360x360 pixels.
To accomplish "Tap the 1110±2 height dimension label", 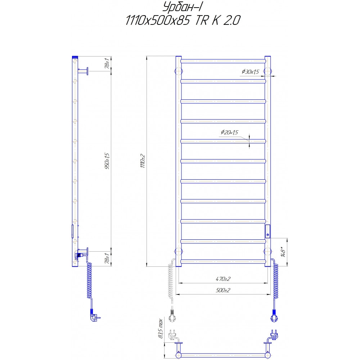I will tap(143, 161).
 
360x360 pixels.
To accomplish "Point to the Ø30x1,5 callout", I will tap(251, 72).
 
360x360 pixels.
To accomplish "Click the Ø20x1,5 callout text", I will tap(230, 133).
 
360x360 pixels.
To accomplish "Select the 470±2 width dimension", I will tap(223, 279).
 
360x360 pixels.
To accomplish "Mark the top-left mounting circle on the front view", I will tap(178, 70).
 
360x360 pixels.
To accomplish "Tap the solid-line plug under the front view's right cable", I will tap(274, 316).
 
